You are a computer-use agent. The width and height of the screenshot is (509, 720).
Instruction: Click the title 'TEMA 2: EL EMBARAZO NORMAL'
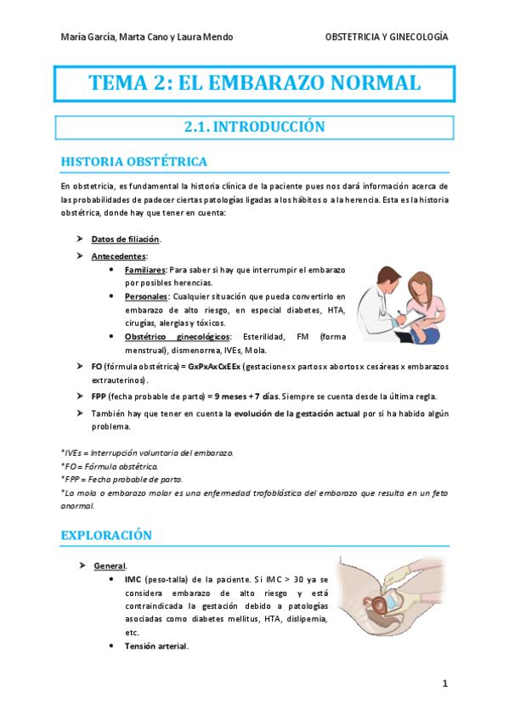255,83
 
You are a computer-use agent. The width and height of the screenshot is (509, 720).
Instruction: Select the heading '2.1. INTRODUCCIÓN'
255,127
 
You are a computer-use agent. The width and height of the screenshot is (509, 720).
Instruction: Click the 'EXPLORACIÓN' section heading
106,535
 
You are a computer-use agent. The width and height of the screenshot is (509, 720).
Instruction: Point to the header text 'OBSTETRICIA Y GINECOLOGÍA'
387,37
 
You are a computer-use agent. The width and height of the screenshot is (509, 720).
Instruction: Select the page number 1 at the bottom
444,683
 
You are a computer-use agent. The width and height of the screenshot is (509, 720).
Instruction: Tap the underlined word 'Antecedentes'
119,256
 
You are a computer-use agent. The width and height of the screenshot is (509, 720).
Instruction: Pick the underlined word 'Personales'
146,296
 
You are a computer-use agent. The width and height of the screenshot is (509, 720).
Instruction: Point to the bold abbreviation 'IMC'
133,579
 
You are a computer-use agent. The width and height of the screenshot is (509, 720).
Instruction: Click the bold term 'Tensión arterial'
156,646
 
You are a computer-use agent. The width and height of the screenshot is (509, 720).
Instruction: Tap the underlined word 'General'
110,565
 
